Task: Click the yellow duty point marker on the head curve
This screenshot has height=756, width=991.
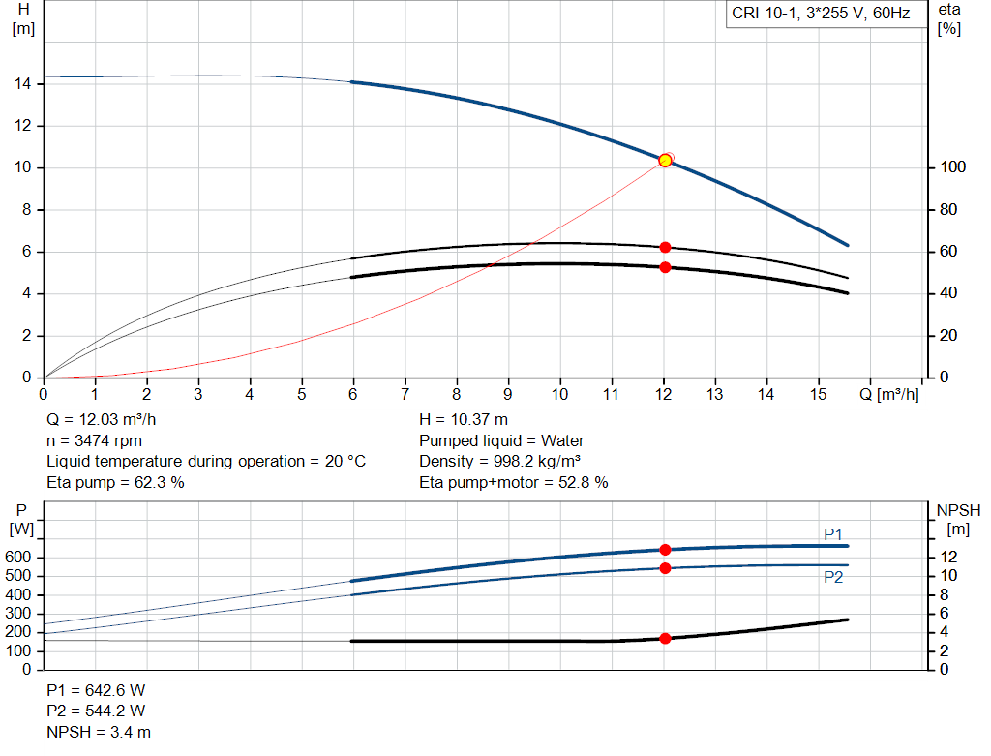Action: click(x=665, y=161)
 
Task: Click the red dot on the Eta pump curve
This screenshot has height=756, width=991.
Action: click(x=665, y=248)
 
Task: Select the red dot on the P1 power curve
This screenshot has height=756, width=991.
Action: click(x=665, y=550)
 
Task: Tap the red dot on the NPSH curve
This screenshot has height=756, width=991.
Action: click(x=665, y=639)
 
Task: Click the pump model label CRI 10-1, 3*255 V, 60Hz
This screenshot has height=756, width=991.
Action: click(x=821, y=15)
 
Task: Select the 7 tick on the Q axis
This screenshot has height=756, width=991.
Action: click(x=405, y=395)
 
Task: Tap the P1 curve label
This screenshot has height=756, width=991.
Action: click(x=833, y=534)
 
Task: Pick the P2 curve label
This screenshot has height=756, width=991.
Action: click(x=833, y=577)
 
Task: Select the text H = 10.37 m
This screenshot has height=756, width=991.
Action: click(x=463, y=420)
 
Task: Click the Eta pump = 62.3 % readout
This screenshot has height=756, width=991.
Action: click(x=115, y=482)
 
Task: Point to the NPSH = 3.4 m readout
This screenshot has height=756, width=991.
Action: click(x=99, y=732)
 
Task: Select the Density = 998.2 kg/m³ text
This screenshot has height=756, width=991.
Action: click(x=500, y=461)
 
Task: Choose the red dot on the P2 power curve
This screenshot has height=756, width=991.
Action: click(x=665, y=568)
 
